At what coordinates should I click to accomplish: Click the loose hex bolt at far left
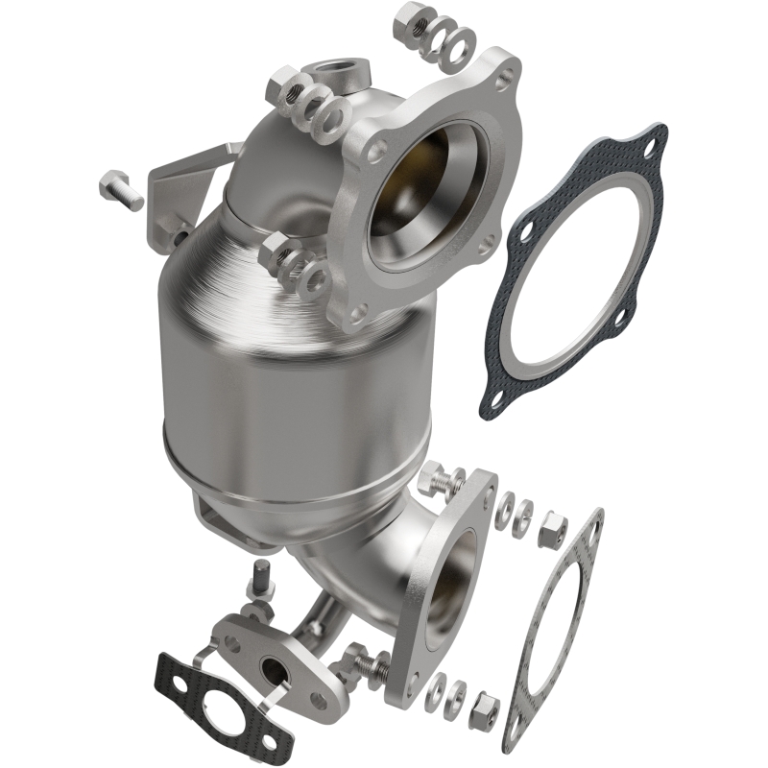tap(120, 188)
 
